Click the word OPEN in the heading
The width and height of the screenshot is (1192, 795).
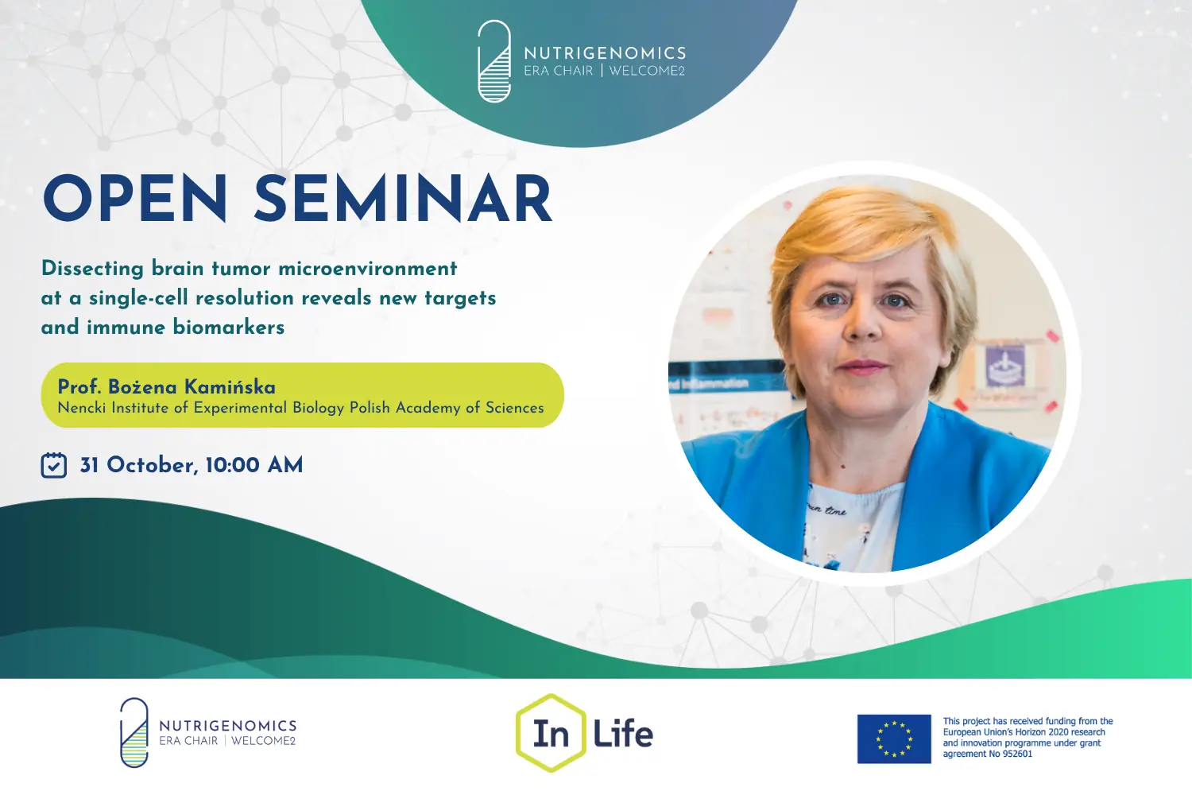[x=135, y=198]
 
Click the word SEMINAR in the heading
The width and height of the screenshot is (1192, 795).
[x=404, y=198]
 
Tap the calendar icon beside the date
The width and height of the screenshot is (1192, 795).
[x=54, y=465]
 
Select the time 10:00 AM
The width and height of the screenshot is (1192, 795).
[x=253, y=465]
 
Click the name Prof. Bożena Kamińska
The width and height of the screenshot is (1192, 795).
[x=167, y=387]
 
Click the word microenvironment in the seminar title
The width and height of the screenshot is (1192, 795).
[x=368, y=269]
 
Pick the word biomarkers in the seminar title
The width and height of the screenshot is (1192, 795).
[x=229, y=327]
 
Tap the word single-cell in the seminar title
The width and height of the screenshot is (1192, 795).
[x=138, y=298]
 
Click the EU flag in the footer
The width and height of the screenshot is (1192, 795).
[x=894, y=739]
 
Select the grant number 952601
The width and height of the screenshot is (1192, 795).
[x=1017, y=754]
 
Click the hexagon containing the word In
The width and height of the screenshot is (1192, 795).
[x=551, y=733]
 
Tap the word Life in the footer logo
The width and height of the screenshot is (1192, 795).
[x=622, y=734]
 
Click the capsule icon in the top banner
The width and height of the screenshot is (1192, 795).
[x=493, y=60]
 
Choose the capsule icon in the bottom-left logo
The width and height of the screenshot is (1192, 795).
[x=134, y=733]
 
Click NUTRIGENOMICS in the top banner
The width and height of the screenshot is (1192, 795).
[x=605, y=53]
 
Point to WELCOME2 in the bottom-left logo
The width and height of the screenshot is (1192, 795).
[x=263, y=741]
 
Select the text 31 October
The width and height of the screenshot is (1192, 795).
[x=139, y=465]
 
